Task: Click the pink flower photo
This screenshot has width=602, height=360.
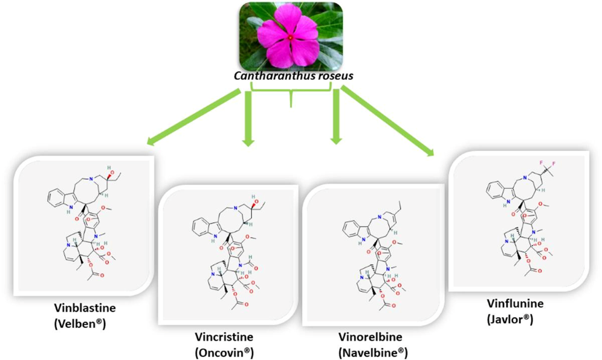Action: tap(291, 36)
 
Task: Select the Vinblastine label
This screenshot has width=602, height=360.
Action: tap(82, 309)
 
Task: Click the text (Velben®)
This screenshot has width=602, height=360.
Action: tap(82, 323)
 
